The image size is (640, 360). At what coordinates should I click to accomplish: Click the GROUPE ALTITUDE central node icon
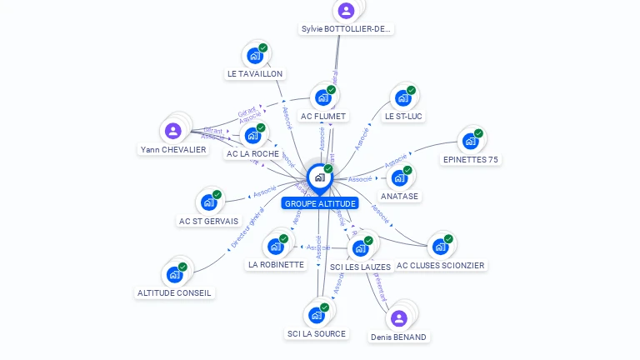(319, 177)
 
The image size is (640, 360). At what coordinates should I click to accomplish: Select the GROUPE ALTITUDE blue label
(320, 203)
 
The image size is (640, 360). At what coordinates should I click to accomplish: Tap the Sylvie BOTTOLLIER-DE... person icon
(346, 11)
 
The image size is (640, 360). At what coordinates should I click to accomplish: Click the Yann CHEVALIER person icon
(172, 131)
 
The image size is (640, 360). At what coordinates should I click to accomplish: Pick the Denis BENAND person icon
(398, 318)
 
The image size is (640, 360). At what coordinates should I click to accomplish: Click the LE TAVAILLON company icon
(254, 57)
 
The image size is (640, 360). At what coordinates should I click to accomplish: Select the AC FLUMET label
(323, 116)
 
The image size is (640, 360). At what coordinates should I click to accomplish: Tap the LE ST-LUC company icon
(402, 98)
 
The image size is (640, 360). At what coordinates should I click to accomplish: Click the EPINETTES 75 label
(470, 159)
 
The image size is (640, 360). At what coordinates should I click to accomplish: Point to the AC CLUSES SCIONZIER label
(440, 265)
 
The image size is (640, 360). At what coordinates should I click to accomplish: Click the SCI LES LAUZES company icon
(360, 248)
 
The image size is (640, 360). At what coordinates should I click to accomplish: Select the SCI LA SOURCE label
(316, 333)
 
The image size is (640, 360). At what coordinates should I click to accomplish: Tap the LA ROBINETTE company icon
(275, 247)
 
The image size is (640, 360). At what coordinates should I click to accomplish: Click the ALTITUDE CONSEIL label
(175, 292)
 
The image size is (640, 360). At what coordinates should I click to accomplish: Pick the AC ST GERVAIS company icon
(208, 202)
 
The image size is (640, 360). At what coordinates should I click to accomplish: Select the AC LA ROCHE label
(252, 153)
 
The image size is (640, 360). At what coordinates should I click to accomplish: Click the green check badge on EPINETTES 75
(478, 133)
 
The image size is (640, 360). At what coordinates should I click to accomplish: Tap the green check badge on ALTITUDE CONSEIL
(182, 267)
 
